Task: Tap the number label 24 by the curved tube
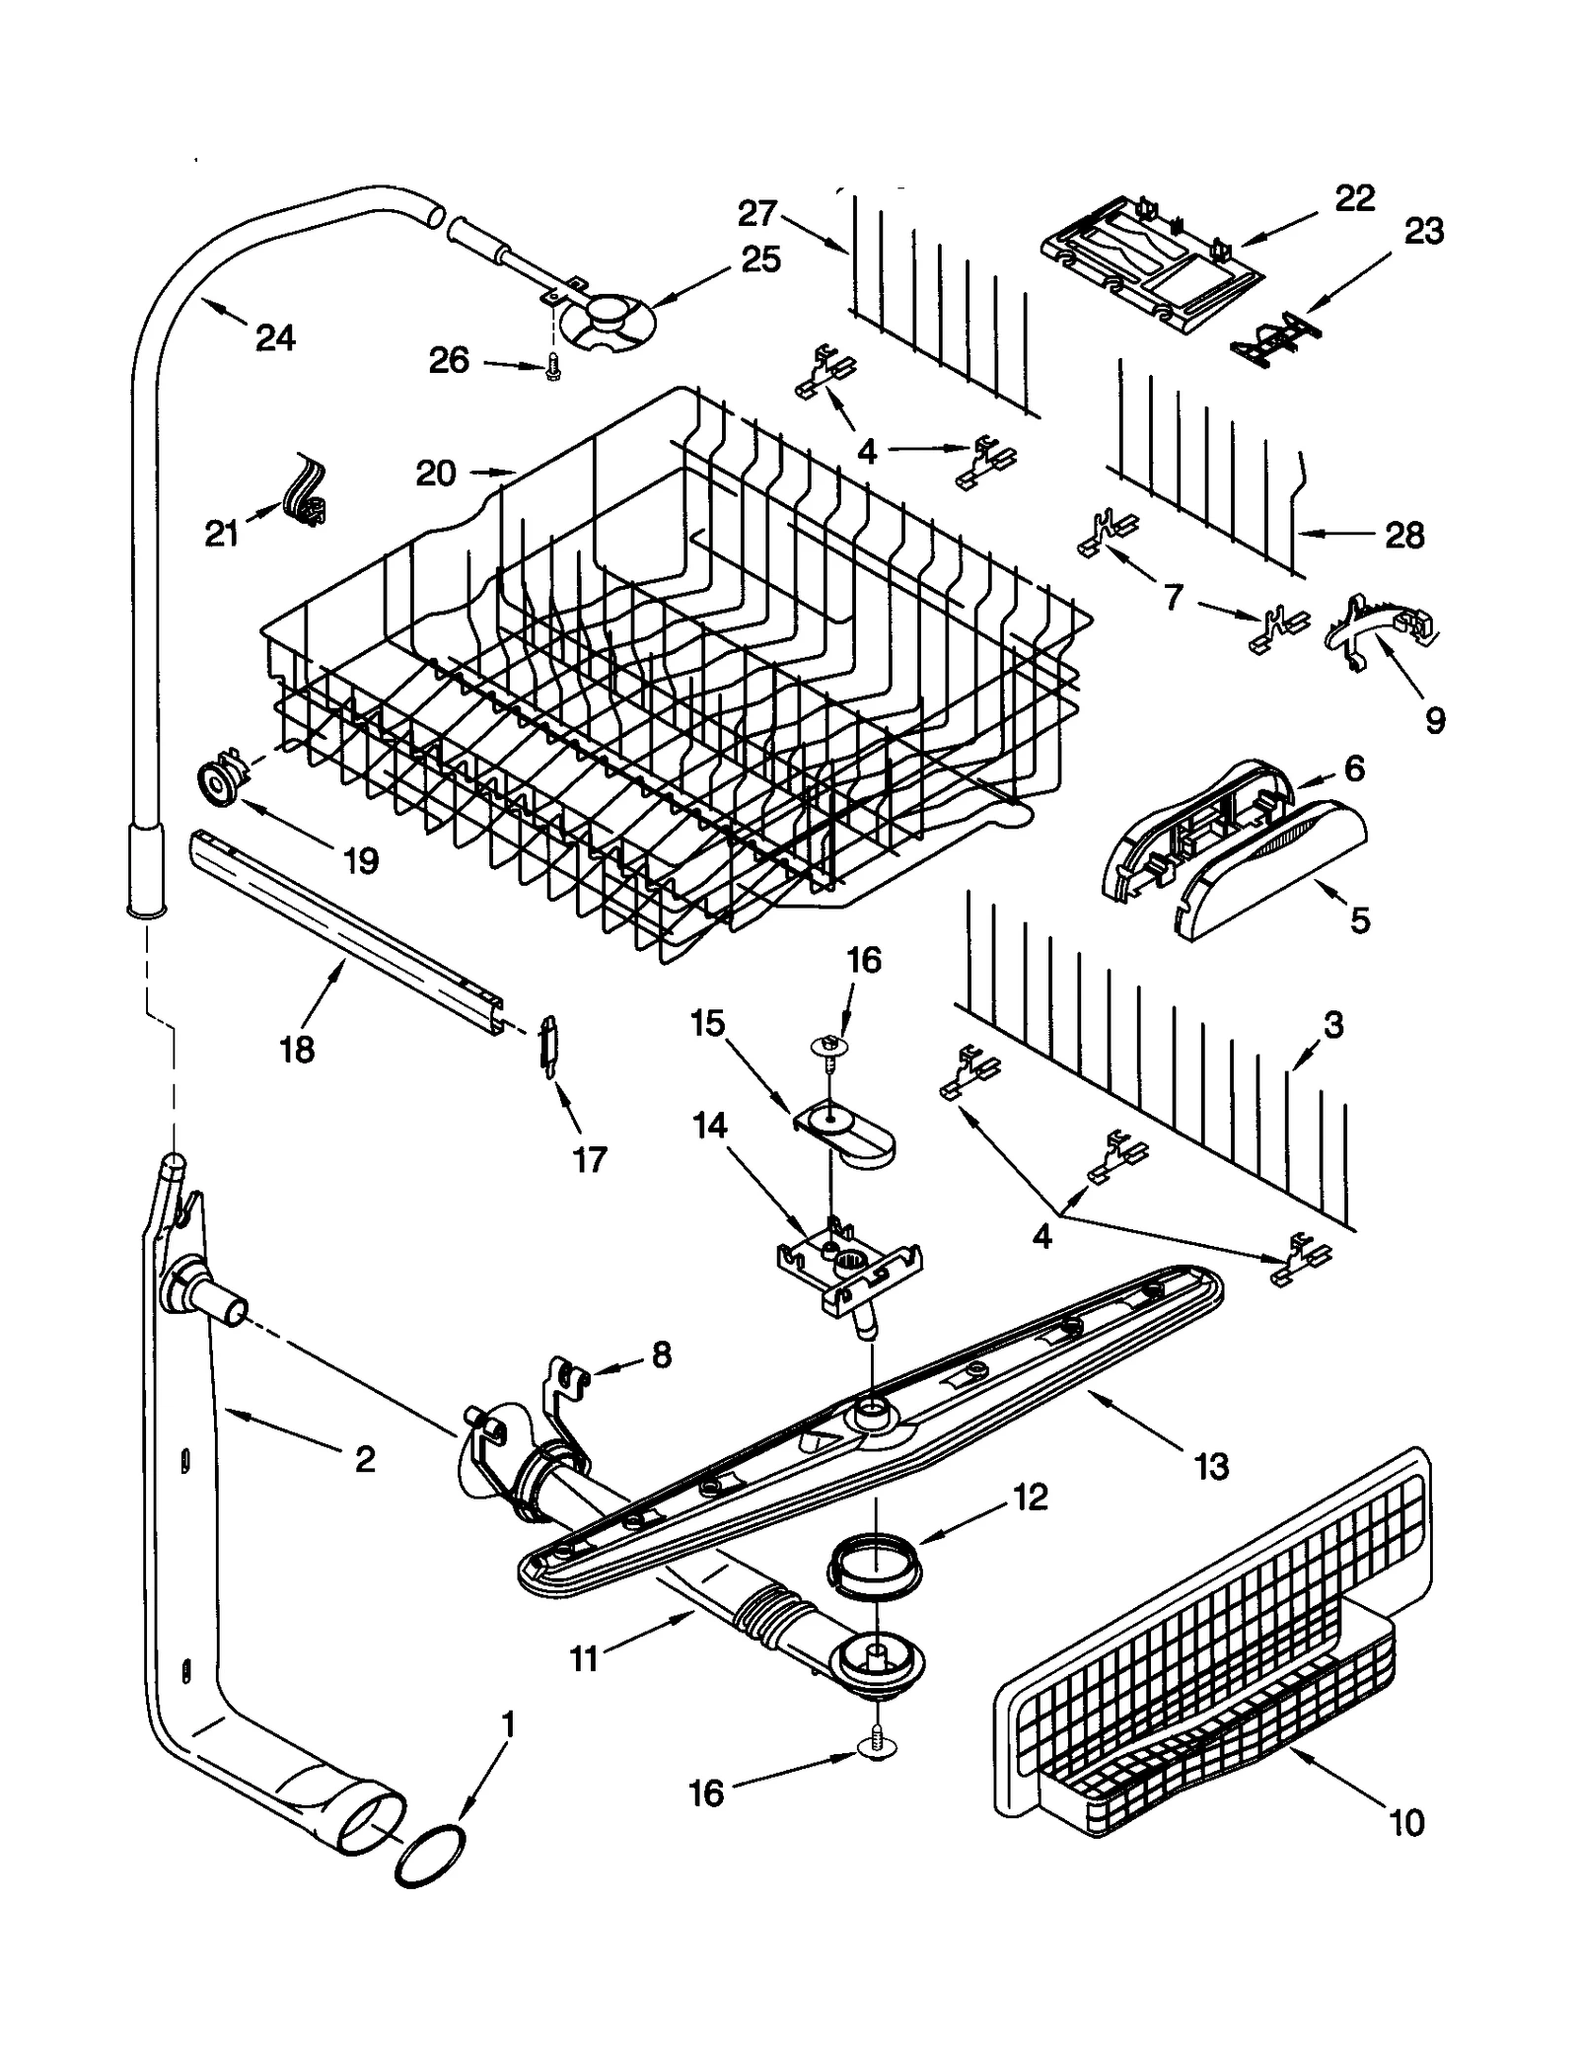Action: (275, 338)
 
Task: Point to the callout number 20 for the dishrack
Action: (435, 474)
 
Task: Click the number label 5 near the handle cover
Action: (1359, 920)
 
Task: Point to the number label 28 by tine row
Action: (1404, 536)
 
